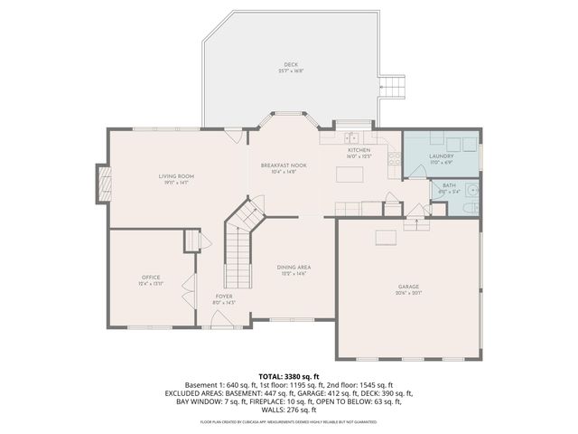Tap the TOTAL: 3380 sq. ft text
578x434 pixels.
pos(289,375)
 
